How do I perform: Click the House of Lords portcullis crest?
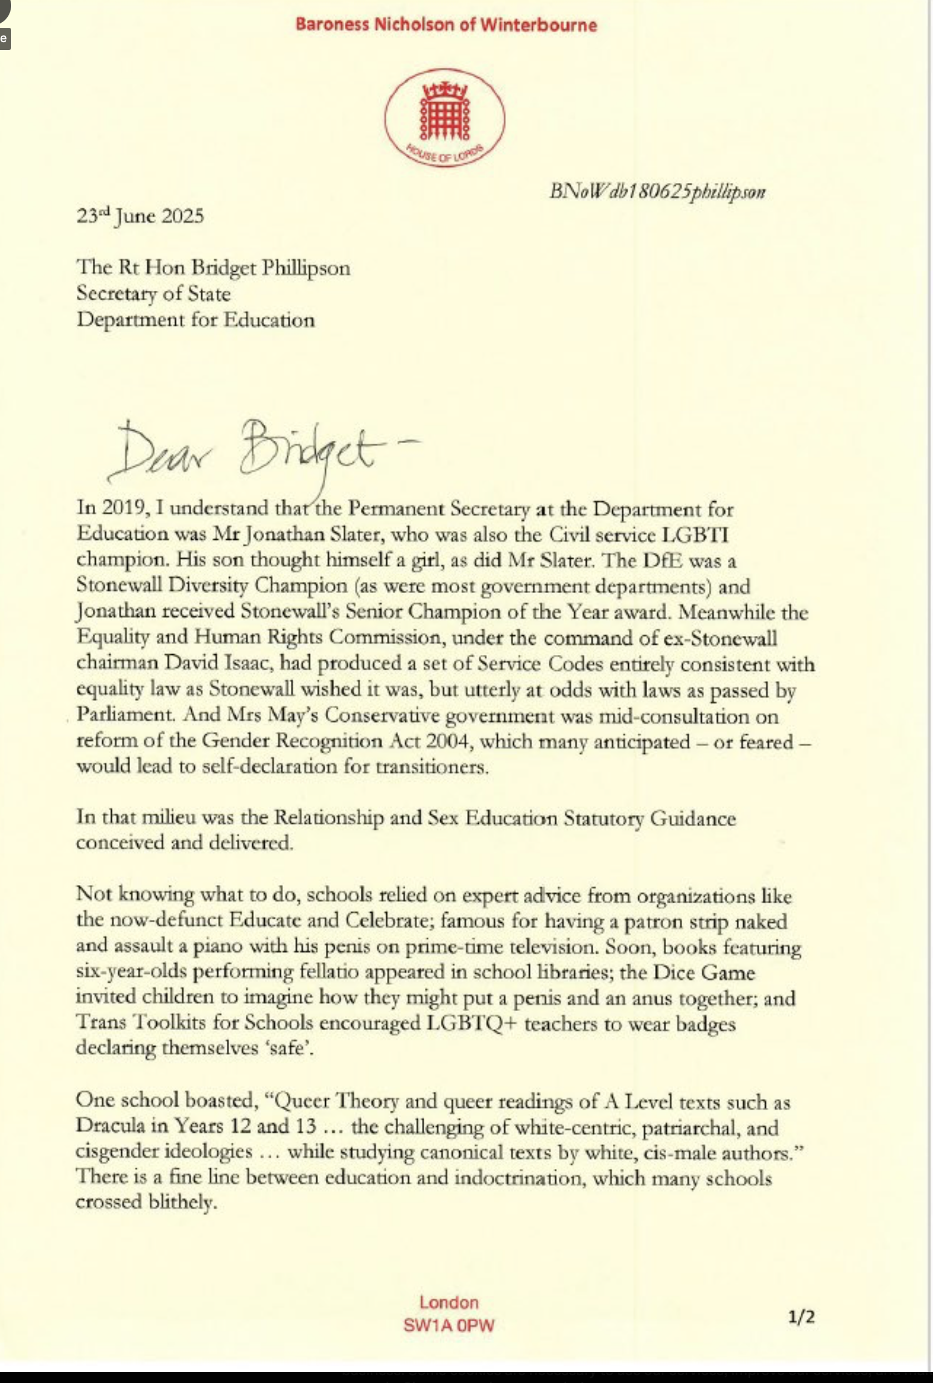(x=444, y=117)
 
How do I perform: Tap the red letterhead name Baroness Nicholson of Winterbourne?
(x=446, y=25)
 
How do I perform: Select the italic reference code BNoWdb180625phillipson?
(x=658, y=192)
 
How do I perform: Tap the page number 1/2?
(x=801, y=1317)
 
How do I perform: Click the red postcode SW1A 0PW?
(x=449, y=1325)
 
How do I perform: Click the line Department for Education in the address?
(x=195, y=320)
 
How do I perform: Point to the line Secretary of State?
(x=153, y=294)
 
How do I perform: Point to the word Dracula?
(x=110, y=1126)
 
